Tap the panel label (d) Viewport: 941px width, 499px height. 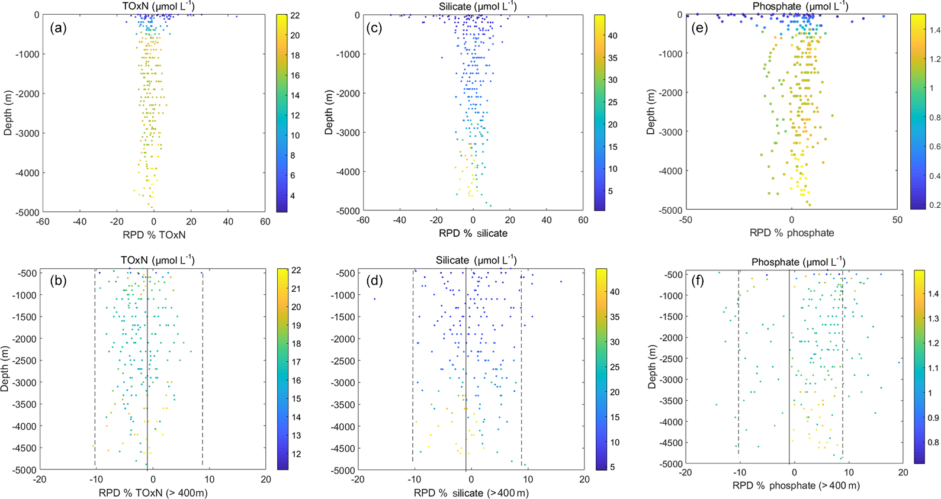pyautogui.click(x=374, y=281)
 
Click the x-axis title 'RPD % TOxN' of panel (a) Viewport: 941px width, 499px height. pyautogui.click(x=154, y=235)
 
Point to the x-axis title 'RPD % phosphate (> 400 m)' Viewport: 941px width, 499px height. pyautogui.click(x=796, y=486)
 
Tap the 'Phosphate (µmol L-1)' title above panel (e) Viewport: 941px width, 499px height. pyautogui.click(x=800, y=7)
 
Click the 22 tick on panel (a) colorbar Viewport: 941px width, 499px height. pyautogui.click(x=294, y=16)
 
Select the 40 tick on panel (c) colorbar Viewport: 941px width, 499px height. pyautogui.click(x=612, y=36)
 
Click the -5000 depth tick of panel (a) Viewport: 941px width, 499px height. pyautogui.click(x=27, y=213)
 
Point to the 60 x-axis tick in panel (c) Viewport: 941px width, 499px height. pyautogui.click(x=583, y=220)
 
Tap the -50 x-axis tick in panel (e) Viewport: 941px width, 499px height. pyautogui.click(x=686, y=220)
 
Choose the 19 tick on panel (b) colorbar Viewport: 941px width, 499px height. pyautogui.click(x=296, y=326)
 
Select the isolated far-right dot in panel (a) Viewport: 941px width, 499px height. pyautogui.click(x=236, y=17)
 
